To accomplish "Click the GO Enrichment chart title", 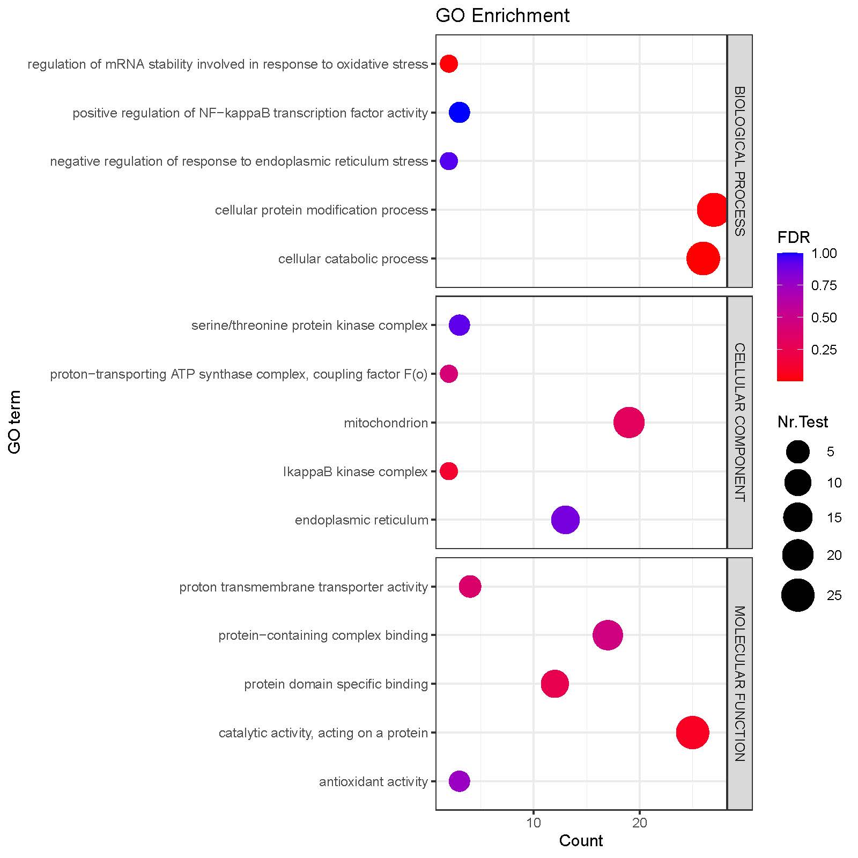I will [502, 16].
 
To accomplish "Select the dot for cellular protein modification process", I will [713, 210].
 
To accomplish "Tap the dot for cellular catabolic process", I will [703, 258].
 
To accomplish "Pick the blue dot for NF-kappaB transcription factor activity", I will [460, 113].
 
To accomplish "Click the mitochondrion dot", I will [629, 423].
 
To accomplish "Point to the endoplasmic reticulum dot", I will [565, 520].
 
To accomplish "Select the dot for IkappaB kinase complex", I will [449, 471].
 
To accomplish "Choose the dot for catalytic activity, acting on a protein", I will [692, 733].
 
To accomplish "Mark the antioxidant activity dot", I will [459, 781].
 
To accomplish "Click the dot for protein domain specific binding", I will [554, 684].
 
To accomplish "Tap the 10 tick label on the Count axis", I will [534, 823].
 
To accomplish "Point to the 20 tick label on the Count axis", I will [639, 823].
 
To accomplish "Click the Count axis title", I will [581, 841].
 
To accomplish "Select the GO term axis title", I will [15, 422].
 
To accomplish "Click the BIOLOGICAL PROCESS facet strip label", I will [739, 161].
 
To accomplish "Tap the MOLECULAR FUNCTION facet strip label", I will [739, 684].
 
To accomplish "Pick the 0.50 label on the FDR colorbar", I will [824, 317].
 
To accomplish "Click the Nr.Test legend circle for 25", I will [798, 595].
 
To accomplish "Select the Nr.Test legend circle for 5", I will [798, 452].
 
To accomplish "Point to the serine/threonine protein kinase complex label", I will [309, 326].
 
